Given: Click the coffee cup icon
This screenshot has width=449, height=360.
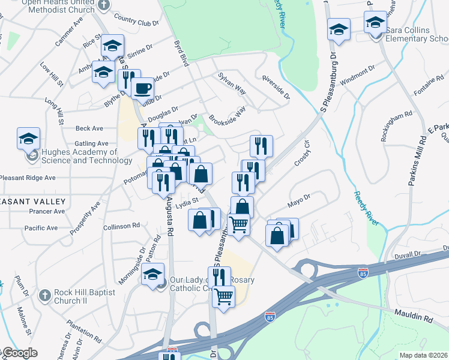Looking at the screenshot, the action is (142, 89).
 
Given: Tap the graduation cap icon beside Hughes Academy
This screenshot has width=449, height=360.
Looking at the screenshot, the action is (28, 139).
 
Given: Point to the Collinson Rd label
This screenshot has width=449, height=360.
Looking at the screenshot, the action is (121, 226).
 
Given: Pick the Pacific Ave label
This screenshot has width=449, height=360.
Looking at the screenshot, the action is (41, 228).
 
